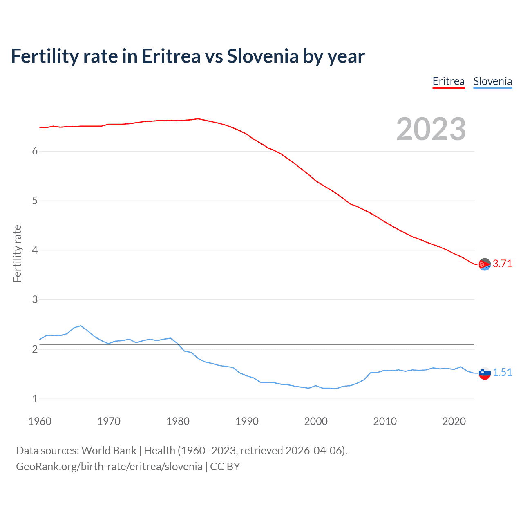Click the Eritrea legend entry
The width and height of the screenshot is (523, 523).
pos(448,82)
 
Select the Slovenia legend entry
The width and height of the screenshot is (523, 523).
pos(492,82)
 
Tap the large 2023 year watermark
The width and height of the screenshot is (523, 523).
pos(431,129)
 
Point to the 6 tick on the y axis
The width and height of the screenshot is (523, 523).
pos(35,151)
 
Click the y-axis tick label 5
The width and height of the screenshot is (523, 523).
pos(35,201)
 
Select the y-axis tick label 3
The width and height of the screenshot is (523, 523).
pos(35,299)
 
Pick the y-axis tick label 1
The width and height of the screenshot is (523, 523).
pos(35,399)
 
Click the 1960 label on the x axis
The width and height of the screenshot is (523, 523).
pos(40,421)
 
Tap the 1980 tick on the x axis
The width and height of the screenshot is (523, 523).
pos(178,421)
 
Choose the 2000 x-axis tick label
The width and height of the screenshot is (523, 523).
pos(316,421)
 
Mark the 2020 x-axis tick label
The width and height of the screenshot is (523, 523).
pos(454,421)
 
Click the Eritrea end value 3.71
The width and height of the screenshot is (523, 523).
pos(502,264)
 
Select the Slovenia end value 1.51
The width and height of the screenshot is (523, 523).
pos(502,373)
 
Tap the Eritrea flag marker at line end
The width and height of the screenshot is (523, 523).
pos(485,264)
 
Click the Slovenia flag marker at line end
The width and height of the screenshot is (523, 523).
pos(485,373)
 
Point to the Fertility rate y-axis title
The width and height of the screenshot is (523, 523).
pos(17,253)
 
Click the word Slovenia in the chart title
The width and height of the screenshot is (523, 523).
pos(263,56)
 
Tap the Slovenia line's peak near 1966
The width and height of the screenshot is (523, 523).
pos(81,326)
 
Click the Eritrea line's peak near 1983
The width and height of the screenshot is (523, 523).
pos(198,119)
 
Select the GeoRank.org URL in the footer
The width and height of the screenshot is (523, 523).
pos(109,467)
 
